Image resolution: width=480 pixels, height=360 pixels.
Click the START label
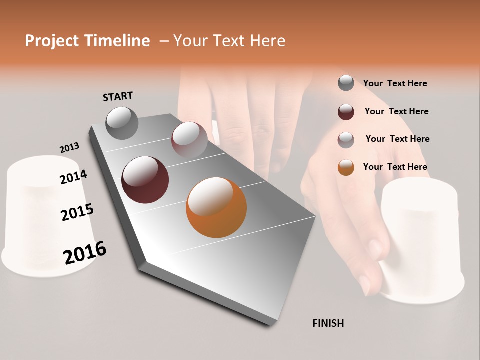pos(118,96)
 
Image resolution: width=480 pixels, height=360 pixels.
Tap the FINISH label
pos(328,323)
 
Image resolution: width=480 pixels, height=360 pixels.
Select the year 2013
pos(69,148)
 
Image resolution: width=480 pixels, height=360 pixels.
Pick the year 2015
pos(77,212)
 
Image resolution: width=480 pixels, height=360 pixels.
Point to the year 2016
pos(85,253)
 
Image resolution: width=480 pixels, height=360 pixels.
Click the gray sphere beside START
pos(122,123)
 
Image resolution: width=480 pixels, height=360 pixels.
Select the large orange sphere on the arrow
pos(216,207)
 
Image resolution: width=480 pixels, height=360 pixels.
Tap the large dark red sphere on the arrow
pos(145,180)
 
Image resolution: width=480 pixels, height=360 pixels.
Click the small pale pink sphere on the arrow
pos(189,138)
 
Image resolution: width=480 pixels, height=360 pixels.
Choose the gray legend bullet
pos(346,83)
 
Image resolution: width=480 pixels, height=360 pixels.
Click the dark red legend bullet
pos(346,111)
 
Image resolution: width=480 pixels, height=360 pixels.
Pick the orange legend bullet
pos(346,167)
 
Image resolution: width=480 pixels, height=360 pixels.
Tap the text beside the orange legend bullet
pos(395,167)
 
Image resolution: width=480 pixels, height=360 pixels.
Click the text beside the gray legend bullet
pos(395,83)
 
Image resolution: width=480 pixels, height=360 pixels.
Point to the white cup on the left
pos(42,215)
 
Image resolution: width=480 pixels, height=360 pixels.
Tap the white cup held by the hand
pos(422,240)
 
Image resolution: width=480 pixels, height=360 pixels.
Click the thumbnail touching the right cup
pos(374,248)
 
